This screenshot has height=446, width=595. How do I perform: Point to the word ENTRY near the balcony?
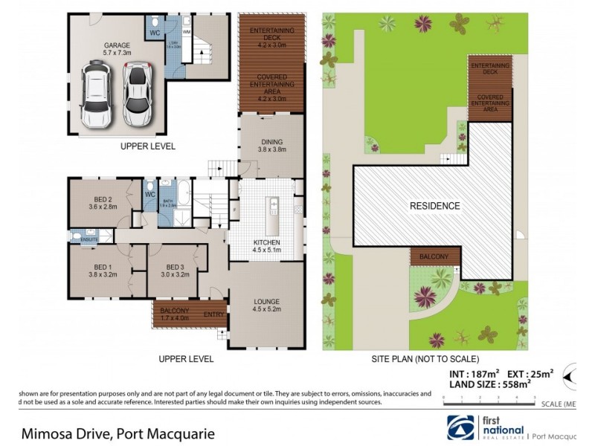point(214,314)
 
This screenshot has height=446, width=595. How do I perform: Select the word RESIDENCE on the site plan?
point(434,206)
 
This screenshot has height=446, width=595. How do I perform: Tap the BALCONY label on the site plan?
point(433,256)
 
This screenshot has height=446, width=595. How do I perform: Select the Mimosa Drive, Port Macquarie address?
point(108,432)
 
